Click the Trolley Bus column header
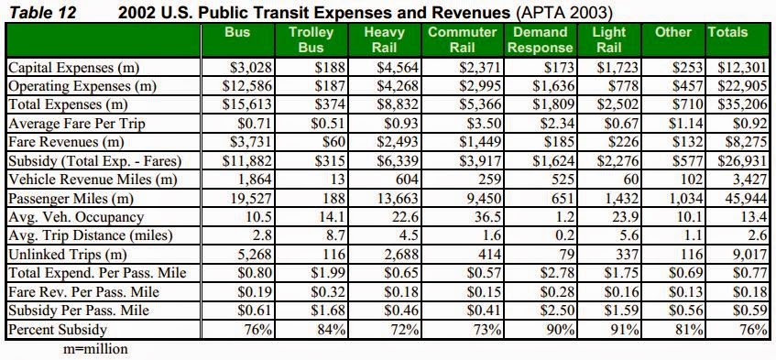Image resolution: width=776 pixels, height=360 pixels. point(311,39)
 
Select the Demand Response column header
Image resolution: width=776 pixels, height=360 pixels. point(541,39)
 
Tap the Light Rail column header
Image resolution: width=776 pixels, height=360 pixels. point(609,39)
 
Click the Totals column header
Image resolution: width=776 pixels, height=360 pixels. point(727,32)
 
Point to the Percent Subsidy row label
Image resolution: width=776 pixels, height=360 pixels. point(58,330)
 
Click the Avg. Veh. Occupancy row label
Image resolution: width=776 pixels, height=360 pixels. point(76,217)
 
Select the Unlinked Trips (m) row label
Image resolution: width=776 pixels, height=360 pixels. point(67,255)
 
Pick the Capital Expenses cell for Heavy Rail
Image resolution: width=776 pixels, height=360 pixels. point(398,67)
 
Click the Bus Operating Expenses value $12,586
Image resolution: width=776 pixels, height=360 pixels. point(247,85)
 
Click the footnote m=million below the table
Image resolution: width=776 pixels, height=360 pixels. point(95,349)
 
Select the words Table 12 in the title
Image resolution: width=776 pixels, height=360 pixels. point(44,12)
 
